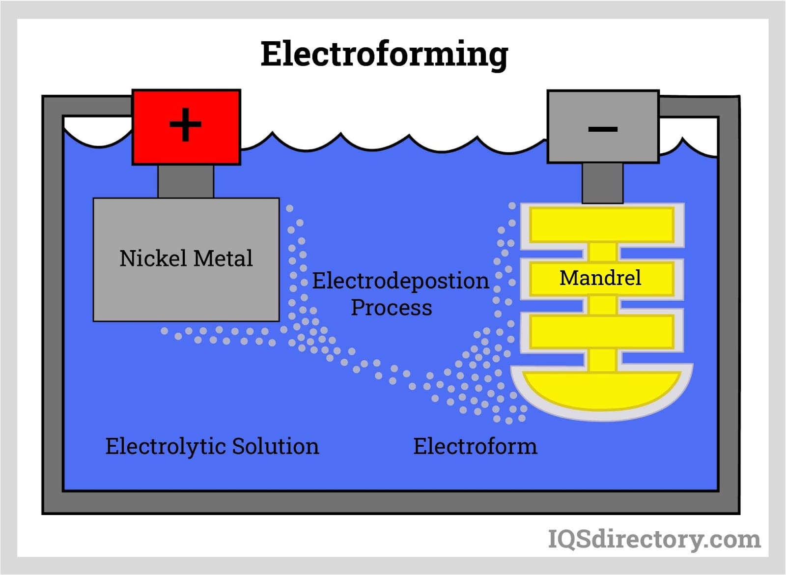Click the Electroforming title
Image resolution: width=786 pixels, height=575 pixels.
[384, 54]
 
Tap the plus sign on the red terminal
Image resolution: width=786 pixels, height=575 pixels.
[186, 125]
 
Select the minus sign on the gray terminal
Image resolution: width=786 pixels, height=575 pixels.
[603, 129]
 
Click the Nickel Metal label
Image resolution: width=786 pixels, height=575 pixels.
[186, 259]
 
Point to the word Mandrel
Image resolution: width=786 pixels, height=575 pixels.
[600, 278]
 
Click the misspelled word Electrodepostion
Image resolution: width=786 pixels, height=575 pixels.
[401, 281]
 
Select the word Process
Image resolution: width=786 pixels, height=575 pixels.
[392, 308]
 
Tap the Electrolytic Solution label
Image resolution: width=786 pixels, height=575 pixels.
[212, 446]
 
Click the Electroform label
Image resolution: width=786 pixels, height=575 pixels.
[475, 446]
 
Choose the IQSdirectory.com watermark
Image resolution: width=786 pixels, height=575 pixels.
[654, 539]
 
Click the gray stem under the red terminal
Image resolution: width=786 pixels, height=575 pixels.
[186, 181]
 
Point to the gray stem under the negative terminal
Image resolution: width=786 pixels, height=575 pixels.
[602, 183]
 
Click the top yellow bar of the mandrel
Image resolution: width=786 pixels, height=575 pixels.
[602, 225]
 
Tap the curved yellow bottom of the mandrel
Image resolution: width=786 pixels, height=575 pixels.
[602, 391]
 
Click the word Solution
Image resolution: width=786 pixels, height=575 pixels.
[275, 446]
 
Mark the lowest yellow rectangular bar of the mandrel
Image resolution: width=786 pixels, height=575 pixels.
[602, 332]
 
